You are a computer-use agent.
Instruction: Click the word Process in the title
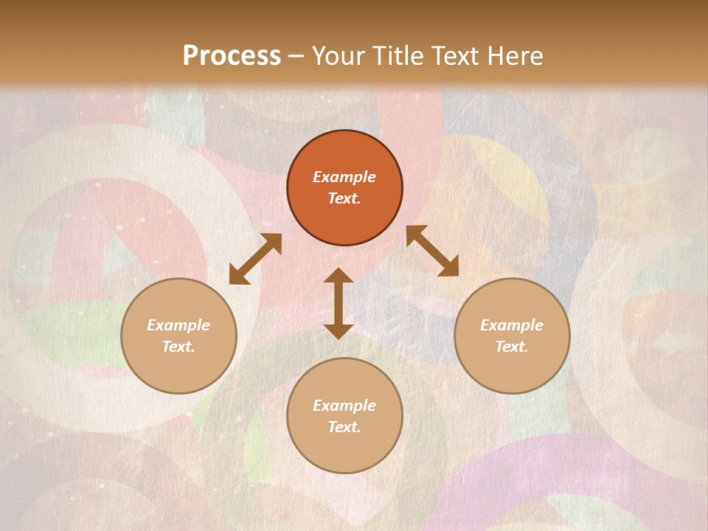click(232, 56)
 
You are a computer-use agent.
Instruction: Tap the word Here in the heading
click(513, 56)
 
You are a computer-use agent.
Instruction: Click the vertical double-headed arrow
click(339, 304)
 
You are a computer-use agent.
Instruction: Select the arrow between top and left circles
click(255, 259)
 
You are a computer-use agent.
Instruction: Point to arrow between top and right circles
click(432, 251)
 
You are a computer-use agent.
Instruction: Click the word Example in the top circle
click(344, 177)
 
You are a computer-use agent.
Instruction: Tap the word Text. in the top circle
click(344, 198)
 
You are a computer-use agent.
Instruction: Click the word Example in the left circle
click(178, 325)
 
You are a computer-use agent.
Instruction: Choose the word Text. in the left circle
click(178, 347)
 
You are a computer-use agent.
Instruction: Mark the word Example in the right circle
click(512, 325)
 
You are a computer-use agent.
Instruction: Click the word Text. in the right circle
click(512, 347)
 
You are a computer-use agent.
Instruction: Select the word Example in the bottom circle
click(344, 406)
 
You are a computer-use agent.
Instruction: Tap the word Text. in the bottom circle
click(344, 427)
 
